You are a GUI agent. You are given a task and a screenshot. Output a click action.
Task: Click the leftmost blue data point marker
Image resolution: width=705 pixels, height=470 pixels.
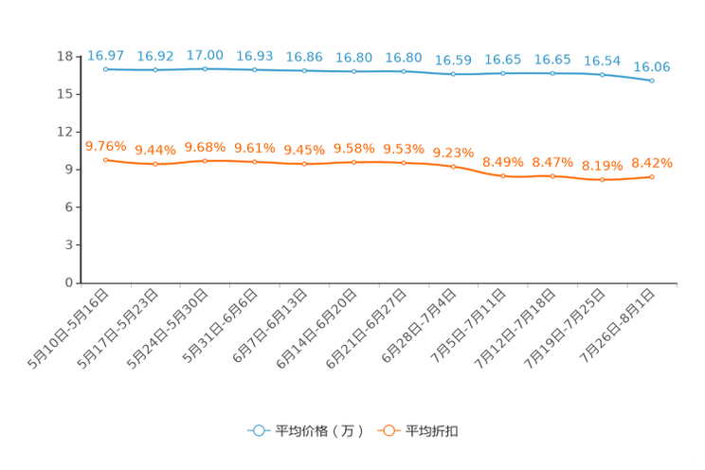pos(106,69)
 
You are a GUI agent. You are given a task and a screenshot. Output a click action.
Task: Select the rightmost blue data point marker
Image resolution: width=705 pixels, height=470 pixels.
pos(652,81)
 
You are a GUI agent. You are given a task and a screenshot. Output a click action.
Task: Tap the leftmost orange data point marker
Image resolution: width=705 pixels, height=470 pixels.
pos(106,160)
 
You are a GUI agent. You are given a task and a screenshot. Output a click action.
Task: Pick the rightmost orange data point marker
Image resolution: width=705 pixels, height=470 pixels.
pos(652,176)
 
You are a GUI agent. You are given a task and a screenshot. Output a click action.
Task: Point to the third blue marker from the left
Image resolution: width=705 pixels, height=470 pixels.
pos(206,69)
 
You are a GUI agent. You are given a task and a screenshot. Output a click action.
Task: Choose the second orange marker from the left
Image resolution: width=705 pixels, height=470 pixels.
pos(155,164)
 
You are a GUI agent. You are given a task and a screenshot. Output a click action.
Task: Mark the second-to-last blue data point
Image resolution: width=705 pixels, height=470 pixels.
pos(602,75)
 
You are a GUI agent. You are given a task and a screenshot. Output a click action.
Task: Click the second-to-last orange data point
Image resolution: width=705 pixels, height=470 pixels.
pos(602,179)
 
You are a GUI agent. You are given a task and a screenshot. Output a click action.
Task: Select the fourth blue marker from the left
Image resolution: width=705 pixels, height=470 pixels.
pos(255,69)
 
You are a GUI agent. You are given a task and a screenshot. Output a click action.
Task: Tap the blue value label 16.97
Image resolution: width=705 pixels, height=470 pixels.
pos(106,55)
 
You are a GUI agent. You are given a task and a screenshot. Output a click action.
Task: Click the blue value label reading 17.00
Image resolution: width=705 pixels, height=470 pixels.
pos(206,55)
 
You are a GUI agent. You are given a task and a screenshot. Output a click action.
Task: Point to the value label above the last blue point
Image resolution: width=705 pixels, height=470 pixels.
pos(652,67)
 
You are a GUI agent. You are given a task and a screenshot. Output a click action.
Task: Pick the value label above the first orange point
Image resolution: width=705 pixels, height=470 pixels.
pos(106,146)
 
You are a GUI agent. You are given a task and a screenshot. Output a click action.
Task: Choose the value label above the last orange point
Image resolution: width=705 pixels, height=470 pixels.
pos(652,162)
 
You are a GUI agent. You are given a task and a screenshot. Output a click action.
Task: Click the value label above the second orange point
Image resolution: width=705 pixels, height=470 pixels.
pos(155,150)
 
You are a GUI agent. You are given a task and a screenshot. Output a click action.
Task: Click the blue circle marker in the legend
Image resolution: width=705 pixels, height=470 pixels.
pos(258,430)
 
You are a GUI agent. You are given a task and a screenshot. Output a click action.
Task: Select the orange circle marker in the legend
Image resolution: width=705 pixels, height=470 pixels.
pos(389,430)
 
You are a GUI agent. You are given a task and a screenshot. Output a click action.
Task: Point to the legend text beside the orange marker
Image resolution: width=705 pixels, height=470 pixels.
pos(434,431)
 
